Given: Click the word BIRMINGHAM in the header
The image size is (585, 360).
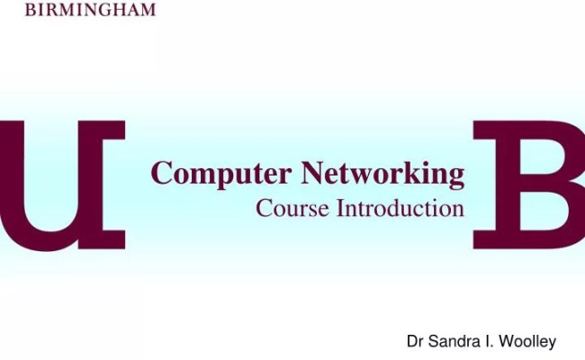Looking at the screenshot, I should pyautogui.click(x=89, y=10).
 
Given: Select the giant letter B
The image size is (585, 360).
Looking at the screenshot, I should pyautogui.click(x=531, y=184).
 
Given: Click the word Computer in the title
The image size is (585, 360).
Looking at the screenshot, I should pyautogui.click(x=221, y=173).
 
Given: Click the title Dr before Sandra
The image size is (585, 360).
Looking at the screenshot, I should pyautogui.click(x=415, y=341).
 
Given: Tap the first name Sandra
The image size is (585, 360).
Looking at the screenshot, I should pyautogui.click(x=452, y=341).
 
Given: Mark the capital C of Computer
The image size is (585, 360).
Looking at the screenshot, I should pyautogui.click(x=162, y=172).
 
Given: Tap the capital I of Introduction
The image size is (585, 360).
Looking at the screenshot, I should pyautogui.click(x=341, y=209).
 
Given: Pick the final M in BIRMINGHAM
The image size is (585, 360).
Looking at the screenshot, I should pyautogui.click(x=147, y=10).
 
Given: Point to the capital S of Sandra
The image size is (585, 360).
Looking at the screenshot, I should pyautogui.click(x=433, y=341).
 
